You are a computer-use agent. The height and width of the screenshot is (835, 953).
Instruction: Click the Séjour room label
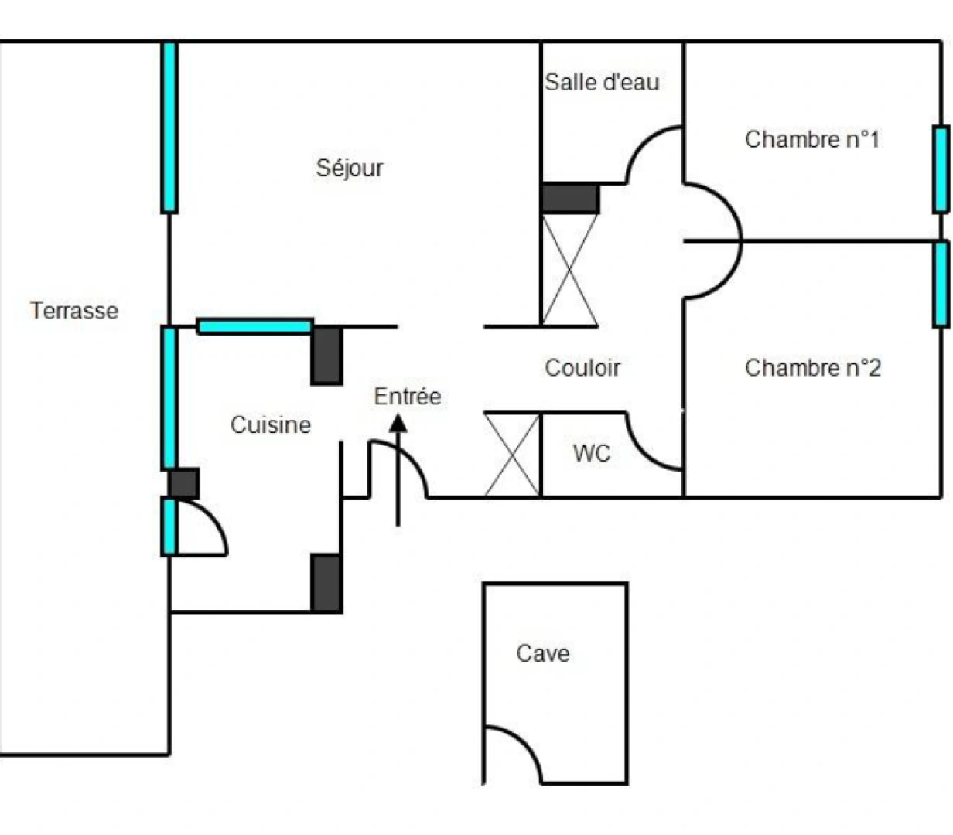350,168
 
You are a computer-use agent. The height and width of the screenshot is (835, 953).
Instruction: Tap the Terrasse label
74,311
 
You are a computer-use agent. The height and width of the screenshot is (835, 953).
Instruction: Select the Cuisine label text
271,424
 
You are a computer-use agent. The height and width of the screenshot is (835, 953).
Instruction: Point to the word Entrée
407,397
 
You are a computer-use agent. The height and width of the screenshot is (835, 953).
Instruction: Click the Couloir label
582,368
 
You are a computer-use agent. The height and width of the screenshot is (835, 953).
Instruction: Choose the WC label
592,453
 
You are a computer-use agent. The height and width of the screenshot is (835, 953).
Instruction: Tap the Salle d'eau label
602,82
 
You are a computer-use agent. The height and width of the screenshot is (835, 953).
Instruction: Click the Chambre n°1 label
812,140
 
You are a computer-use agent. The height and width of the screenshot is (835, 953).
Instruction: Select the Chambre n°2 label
812,368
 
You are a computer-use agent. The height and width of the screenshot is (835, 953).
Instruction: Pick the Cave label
543,653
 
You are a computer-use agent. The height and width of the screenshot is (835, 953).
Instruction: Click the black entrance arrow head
398,423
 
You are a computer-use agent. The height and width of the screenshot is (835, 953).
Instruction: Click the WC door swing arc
641,452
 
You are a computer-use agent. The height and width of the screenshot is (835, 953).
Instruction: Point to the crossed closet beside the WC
512,455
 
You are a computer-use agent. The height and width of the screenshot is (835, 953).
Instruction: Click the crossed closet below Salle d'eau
570,269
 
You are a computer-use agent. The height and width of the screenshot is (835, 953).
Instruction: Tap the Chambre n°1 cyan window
941,169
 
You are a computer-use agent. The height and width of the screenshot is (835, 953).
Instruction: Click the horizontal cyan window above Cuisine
254,326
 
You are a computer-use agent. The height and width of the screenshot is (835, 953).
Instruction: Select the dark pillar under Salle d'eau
570,199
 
